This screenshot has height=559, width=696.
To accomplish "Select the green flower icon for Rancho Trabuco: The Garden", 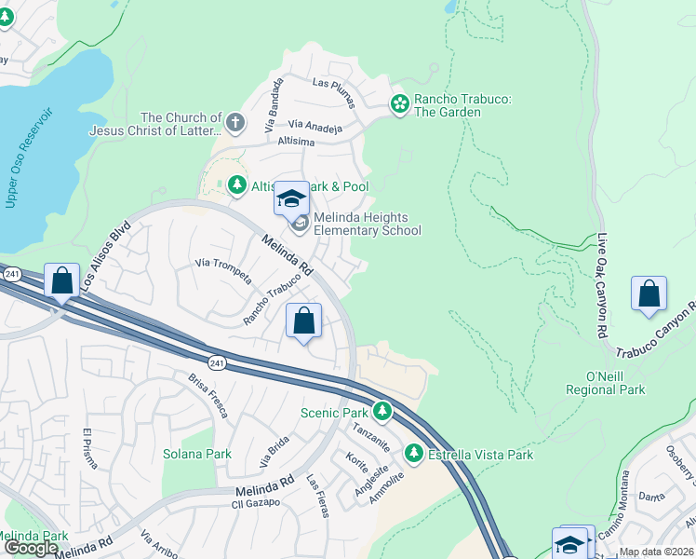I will pos(400,104).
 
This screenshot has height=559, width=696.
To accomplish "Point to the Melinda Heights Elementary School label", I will pos(367,224).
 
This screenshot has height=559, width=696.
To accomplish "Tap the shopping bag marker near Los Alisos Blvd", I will pos(61,280).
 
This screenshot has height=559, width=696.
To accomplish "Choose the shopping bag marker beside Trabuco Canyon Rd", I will pos(649,293).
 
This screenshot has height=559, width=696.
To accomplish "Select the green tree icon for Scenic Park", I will pos(381,411).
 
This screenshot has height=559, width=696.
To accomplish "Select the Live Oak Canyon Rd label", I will pos(602,285).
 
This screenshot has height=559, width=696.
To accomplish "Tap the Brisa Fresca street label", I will pos(208,395).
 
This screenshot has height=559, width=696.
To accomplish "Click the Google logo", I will pos(31,548).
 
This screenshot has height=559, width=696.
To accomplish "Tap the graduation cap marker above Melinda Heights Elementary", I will pos(291,198).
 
